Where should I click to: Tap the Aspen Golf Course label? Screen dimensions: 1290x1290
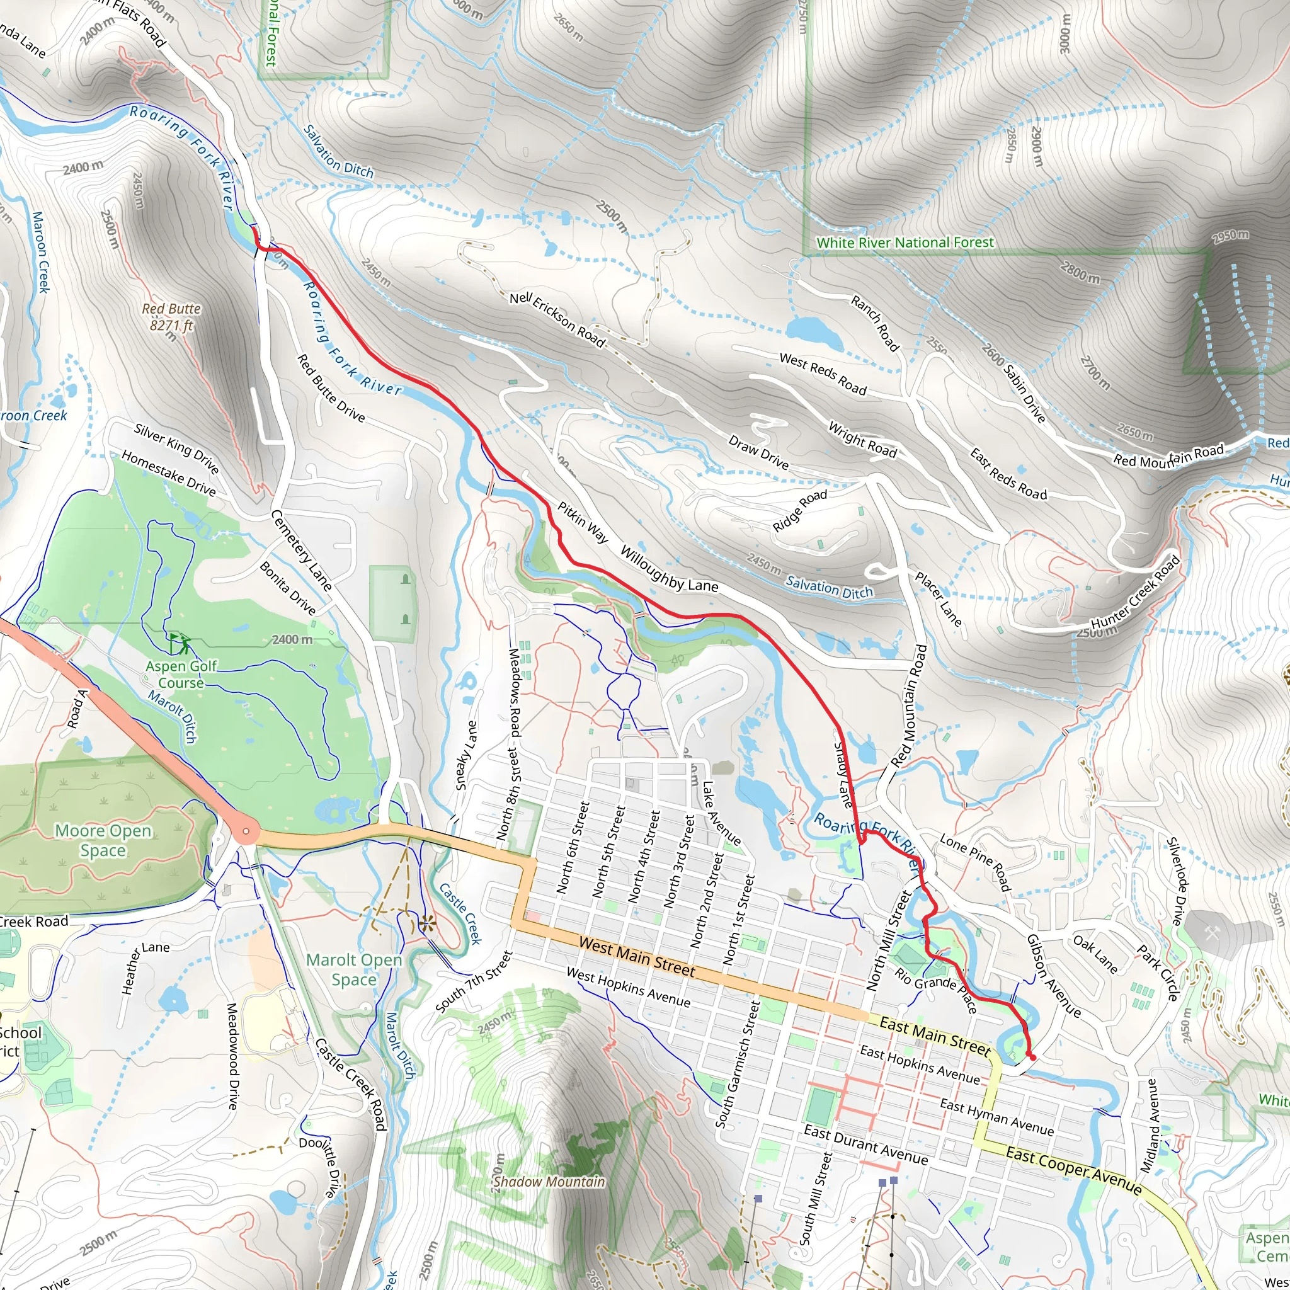coord(181,675)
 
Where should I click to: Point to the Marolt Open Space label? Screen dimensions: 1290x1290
coord(354,969)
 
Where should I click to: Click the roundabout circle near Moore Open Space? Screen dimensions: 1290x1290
coord(246,831)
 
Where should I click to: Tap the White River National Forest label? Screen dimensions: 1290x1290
coord(905,243)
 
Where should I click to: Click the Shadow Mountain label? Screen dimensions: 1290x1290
coord(549,1182)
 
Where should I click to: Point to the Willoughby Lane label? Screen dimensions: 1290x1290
coord(669,569)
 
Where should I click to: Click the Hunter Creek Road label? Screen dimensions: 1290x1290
coord(1135,591)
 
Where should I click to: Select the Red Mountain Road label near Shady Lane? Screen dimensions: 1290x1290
coord(910,704)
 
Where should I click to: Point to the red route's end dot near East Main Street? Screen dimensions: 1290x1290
coord(1033,1058)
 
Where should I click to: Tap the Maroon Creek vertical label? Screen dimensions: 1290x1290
coord(40,252)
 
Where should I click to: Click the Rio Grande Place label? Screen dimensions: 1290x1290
coord(936,990)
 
